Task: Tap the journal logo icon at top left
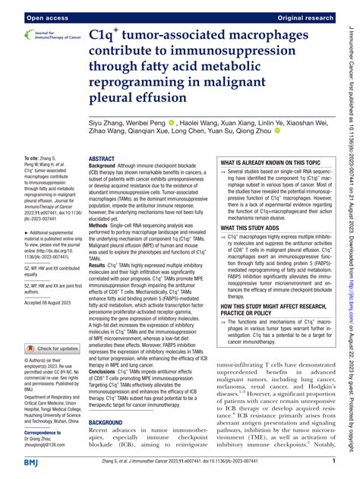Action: [19, 35]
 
